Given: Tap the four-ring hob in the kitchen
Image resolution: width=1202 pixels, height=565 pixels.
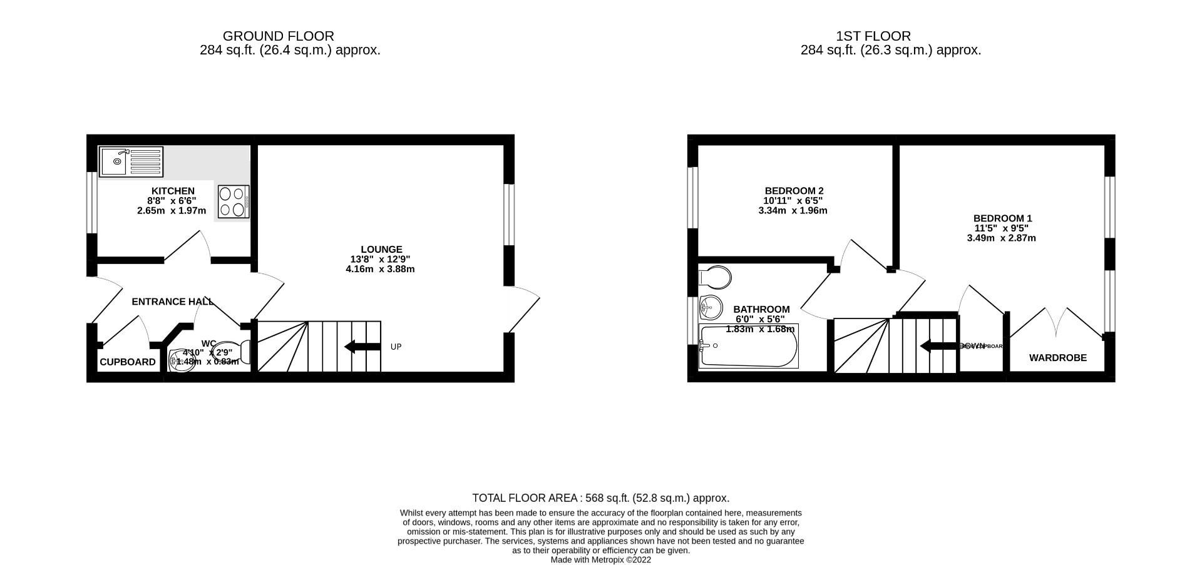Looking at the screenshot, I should pos(234,201).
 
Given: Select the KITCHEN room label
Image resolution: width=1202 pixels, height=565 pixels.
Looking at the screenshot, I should pos(173,191).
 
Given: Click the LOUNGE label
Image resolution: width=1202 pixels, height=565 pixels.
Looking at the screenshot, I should pos(381,249).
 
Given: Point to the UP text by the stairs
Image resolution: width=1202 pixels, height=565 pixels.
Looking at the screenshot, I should pos(396,347).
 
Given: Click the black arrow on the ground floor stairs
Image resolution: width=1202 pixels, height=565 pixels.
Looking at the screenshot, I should pos(362,347).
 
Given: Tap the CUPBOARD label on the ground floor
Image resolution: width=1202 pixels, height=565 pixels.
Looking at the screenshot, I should pos(128,362).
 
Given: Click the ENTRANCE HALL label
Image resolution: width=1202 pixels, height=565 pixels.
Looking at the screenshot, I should pos(173,302).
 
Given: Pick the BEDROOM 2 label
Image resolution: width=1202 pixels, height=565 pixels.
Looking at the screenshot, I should pos(794,191).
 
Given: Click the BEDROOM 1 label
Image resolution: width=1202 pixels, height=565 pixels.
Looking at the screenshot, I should pos(1002,218).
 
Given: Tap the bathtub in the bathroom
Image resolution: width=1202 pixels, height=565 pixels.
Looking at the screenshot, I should pos(748,346).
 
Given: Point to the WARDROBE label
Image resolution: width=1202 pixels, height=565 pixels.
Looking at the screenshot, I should pos(1058,358).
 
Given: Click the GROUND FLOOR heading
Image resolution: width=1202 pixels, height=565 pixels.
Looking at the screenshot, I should pos(278,36).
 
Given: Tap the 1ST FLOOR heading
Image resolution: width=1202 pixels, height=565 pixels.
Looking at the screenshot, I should pos(873,36).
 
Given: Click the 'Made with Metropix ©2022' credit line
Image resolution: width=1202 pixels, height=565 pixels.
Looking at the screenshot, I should pos(600,560).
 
